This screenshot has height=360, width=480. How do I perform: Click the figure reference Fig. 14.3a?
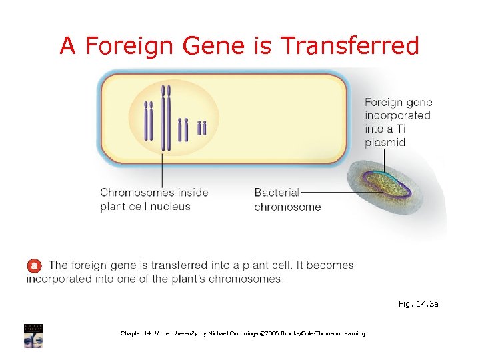click(x=418, y=304)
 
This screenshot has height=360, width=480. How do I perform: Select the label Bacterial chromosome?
click(x=287, y=199)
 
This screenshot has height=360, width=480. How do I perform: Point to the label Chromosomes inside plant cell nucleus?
click(x=154, y=199)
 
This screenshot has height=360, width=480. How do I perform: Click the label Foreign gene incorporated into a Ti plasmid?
click(x=398, y=122)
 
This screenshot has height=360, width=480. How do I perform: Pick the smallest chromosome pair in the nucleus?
click(x=201, y=128)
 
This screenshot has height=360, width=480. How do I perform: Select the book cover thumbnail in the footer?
click(x=33, y=335)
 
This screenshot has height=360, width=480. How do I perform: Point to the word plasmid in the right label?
click(x=385, y=143)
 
